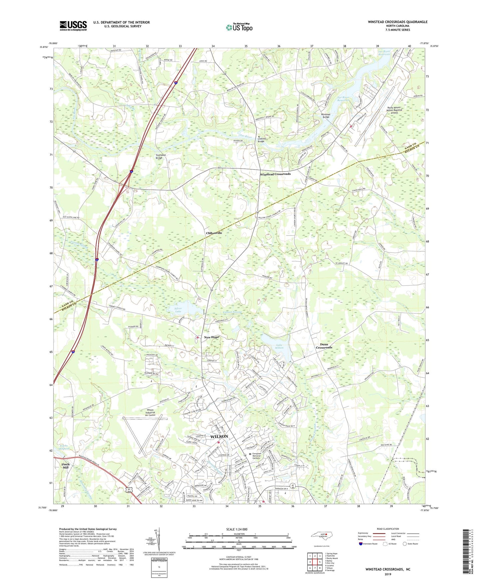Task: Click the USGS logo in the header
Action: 73,26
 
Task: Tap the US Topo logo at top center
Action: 239,28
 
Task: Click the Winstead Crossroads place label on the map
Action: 275,174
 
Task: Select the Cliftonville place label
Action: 214,233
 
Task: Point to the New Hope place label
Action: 211,337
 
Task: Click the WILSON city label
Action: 219,436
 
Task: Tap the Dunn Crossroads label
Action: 324,346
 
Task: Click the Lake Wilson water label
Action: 279,346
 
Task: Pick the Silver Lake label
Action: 178,310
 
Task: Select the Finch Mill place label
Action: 66,466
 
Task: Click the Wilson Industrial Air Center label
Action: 150,413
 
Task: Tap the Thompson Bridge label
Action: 161,156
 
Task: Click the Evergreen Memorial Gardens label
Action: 261,456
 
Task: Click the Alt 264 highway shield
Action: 129,490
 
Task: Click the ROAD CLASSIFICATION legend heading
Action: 388,529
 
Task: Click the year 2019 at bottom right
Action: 388,574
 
